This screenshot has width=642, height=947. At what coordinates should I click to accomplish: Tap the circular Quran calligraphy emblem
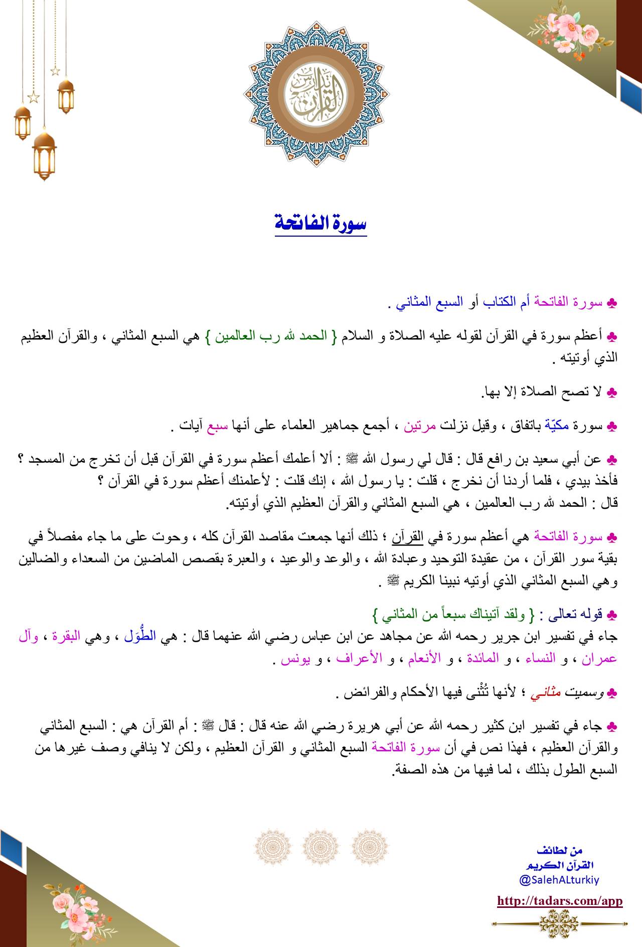316,94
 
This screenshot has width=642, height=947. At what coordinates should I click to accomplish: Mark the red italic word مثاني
545,693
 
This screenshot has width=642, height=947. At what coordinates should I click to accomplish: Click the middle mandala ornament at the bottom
321,848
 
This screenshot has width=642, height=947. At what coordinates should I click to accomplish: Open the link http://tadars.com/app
560,901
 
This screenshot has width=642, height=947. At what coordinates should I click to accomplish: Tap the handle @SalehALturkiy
559,879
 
